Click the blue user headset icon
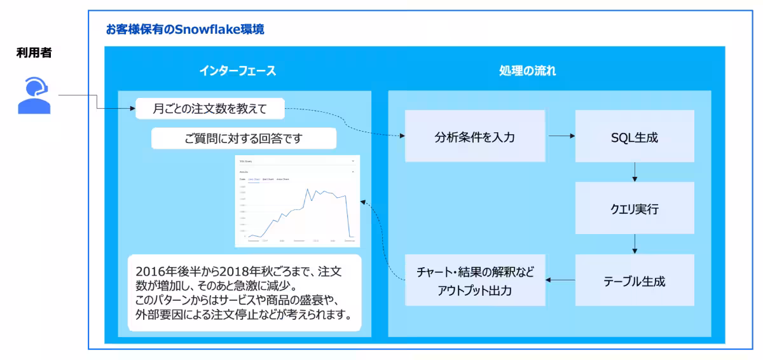coord(34,95)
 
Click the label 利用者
coord(34,53)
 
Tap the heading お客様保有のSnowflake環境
coord(185,29)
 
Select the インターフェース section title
coord(237,71)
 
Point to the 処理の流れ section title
coord(527,71)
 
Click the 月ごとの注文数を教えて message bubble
coord(209,109)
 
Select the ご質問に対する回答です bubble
coord(234,138)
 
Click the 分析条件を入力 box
coord(475,136)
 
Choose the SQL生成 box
coord(635,136)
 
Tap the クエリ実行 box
coord(635,208)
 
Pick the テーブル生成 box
coord(635,280)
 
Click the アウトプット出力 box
coord(475,280)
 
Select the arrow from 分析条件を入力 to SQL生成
coord(561,136)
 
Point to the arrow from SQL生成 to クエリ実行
coord(635,172)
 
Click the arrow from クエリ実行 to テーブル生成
coord(635,244)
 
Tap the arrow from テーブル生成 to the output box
coord(561,280)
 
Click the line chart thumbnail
coord(297,200)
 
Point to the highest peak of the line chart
coord(307,189)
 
